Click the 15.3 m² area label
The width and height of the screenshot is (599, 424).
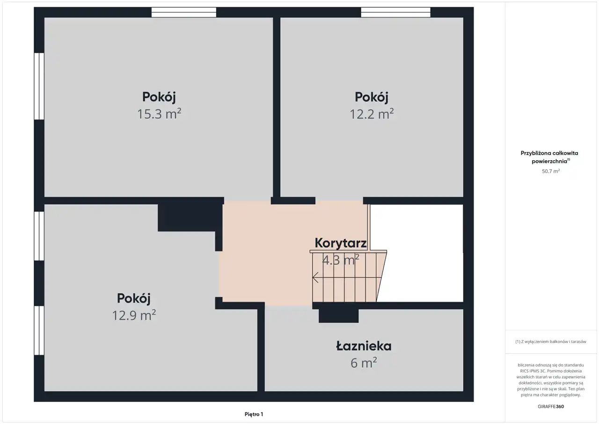coord(159,114)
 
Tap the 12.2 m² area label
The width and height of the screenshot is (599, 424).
coord(372,114)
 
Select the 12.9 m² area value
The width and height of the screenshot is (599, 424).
coord(134,315)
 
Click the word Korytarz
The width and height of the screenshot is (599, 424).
coord(340,243)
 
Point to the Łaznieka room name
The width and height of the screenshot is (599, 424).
coord(364,346)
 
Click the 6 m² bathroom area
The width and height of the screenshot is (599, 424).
coord(364,363)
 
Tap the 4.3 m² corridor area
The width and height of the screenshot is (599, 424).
coord(340,260)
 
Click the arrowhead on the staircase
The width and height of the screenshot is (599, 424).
coord(315,277)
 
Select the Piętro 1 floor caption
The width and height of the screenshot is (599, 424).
coord(254,414)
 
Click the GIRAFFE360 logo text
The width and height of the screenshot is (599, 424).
coord(551,406)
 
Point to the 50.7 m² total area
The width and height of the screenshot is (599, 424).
coord(551,171)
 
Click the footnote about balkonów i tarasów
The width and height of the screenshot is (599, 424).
coord(551,342)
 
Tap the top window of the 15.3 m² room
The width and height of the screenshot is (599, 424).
coord(184,12)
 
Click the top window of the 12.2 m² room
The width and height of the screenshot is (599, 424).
coord(395,12)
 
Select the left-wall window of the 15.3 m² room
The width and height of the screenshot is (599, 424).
coord(39,86)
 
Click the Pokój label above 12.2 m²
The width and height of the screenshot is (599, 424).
coord(372,97)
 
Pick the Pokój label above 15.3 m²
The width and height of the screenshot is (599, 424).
coord(159,97)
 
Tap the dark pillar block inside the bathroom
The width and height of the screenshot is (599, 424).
coord(338,316)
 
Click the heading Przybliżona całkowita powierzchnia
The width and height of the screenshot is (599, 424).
coord(549,157)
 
